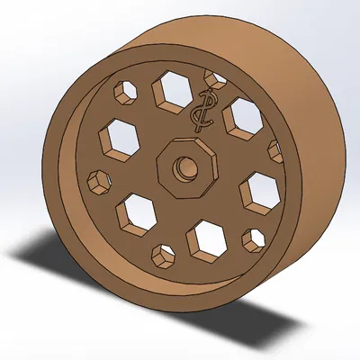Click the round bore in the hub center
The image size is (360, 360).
tap(184, 167)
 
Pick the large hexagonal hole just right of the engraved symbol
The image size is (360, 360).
tap(241, 116)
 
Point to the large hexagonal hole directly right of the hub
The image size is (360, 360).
tap(259, 190)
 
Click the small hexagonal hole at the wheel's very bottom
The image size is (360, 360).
tap(164, 256)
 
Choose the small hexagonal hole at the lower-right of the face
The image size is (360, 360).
tap(254, 238)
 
